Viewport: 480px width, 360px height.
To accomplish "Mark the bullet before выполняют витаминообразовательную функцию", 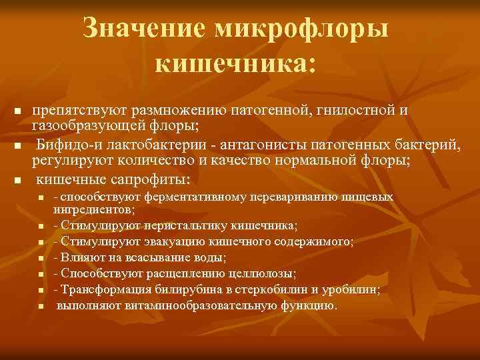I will (41, 306).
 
